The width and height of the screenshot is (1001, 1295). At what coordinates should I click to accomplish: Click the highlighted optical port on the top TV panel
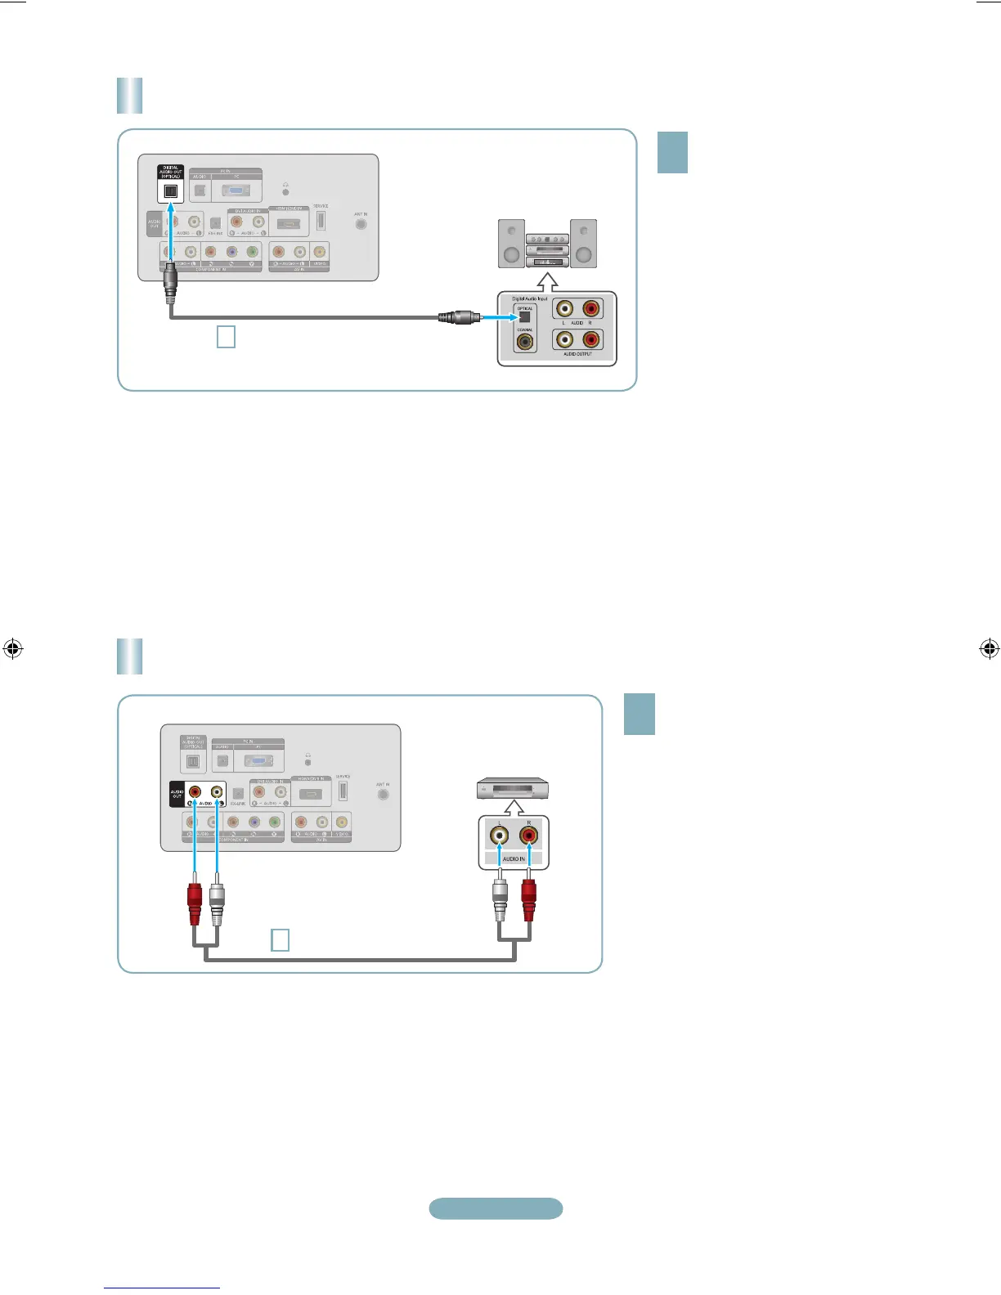(171, 191)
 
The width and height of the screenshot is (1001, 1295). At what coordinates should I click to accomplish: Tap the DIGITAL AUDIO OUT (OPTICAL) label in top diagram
(171, 172)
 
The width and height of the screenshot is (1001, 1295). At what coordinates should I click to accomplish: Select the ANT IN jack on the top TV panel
(361, 223)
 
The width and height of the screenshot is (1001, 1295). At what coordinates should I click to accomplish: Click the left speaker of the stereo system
(512, 244)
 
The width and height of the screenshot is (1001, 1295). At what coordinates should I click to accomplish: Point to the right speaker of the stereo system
(583, 244)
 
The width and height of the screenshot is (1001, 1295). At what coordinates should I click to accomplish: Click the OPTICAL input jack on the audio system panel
(525, 317)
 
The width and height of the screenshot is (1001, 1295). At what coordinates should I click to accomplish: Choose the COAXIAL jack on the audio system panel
(525, 342)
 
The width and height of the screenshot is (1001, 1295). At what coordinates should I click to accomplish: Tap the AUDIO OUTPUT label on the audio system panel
(577, 354)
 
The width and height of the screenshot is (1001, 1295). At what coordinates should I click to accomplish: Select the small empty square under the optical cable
(226, 336)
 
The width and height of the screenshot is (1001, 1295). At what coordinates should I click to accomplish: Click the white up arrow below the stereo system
(549, 280)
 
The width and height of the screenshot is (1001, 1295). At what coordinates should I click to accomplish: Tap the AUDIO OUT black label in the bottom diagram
(177, 794)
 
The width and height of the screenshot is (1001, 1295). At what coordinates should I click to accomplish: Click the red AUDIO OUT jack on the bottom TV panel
(195, 791)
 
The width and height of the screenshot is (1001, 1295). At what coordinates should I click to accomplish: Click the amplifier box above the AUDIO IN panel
(513, 790)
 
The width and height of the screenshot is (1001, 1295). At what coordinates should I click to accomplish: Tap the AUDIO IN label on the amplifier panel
(514, 859)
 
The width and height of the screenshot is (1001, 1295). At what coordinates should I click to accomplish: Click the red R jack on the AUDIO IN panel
(528, 836)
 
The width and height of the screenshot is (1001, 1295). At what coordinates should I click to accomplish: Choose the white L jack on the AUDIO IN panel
(499, 836)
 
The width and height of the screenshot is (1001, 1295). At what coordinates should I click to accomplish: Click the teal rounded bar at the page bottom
(496, 1208)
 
